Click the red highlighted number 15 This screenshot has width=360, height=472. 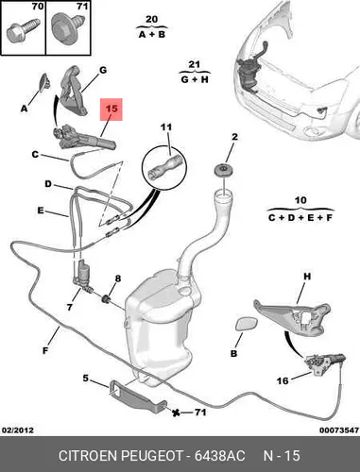[x=111, y=110]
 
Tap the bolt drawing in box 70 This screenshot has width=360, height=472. [x=24, y=30]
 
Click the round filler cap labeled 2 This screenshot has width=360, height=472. [x=226, y=170]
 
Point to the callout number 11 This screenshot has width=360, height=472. [x=166, y=127]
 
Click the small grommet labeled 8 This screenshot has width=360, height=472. [x=106, y=298]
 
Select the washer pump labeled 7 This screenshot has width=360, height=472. [x=82, y=274]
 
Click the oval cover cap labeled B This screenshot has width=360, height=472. [x=247, y=325]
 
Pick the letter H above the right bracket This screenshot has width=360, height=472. [x=307, y=277]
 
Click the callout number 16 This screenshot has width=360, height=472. [x=283, y=380]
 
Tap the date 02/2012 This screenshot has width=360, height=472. [x=18, y=430]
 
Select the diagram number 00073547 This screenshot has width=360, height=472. [x=339, y=430]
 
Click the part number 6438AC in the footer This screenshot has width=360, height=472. [x=219, y=456]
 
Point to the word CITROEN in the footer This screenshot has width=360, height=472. [x=89, y=456]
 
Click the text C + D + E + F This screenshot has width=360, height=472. [x=300, y=217]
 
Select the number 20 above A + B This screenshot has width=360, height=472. [x=151, y=19]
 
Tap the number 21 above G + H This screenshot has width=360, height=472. [x=194, y=65]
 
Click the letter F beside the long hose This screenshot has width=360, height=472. [x=45, y=350]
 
